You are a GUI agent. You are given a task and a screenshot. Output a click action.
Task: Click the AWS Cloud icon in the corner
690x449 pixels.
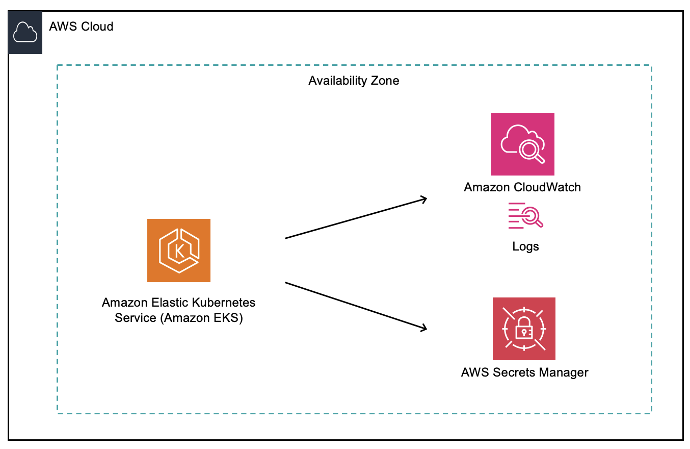point(25,33)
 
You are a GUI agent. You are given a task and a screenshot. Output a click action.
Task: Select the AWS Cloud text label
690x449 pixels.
point(81,27)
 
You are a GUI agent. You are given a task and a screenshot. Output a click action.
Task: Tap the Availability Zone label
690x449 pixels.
point(354,81)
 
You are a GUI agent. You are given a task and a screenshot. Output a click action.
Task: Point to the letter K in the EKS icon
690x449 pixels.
point(179,251)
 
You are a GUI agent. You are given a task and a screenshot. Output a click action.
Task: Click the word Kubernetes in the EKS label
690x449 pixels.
point(224,303)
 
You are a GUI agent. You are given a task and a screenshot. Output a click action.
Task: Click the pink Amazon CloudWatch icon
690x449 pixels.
point(522,144)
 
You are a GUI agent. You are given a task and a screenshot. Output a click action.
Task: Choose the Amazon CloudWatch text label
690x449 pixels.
point(522,187)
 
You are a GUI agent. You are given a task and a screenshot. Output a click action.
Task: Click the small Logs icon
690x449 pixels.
point(525,215)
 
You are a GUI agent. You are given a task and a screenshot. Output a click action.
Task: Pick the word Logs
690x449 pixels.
point(525,247)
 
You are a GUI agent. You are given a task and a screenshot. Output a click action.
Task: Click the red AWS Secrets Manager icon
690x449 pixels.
point(524,329)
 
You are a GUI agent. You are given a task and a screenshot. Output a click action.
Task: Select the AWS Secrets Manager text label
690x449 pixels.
point(524,372)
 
